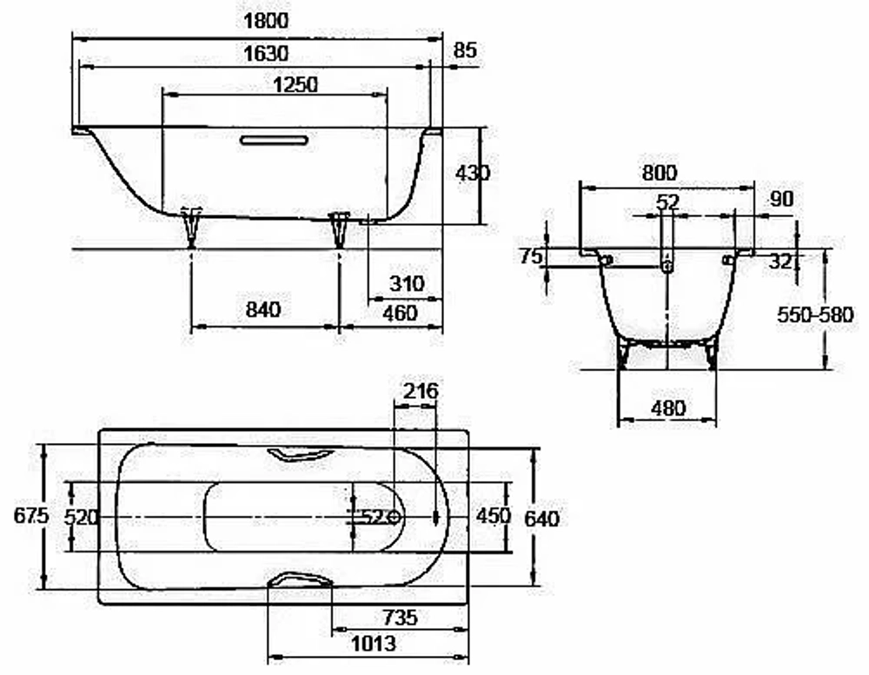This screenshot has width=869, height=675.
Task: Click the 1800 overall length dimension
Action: pyautogui.click(x=266, y=21)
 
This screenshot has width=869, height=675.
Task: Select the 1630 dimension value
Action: pyautogui.click(x=266, y=54)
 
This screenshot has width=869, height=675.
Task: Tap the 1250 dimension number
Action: pyautogui.click(x=296, y=85)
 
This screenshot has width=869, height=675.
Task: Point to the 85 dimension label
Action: pyautogui.click(x=465, y=50)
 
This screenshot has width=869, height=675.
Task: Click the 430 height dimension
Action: pyautogui.click(x=473, y=174)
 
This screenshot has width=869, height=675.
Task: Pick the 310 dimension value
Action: pyautogui.click(x=407, y=284)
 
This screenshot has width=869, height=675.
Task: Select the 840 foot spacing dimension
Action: pyautogui.click(x=263, y=309)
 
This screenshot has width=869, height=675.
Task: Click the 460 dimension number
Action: pyautogui.click(x=400, y=314)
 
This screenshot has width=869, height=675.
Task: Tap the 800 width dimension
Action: pyautogui.click(x=660, y=173)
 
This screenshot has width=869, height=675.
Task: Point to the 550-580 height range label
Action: pyautogui.click(x=815, y=314)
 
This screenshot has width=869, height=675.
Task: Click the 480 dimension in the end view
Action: pyautogui.click(x=668, y=408)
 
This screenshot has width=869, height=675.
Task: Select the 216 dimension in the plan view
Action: pyautogui.click(x=421, y=391)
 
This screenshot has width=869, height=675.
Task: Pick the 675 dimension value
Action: pyautogui.click(x=31, y=516)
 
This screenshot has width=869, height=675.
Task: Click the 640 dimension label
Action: pyautogui.click(x=541, y=519)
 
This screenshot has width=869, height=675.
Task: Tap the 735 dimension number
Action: pyautogui.click(x=400, y=618)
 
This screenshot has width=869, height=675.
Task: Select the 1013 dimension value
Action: pyautogui.click(x=374, y=644)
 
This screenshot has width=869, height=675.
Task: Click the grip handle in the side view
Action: pyautogui.click(x=275, y=140)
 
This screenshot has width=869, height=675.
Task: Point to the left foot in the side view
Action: pyautogui.click(x=192, y=228)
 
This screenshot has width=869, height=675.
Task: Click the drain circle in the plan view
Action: pyautogui.click(x=395, y=518)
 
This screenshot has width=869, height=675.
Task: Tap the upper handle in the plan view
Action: pyautogui.click(x=300, y=454)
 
